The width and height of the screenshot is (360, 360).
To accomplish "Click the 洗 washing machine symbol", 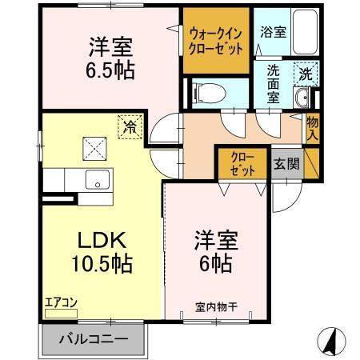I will tap(305, 72).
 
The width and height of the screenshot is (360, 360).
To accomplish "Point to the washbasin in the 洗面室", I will tap(302, 98).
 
